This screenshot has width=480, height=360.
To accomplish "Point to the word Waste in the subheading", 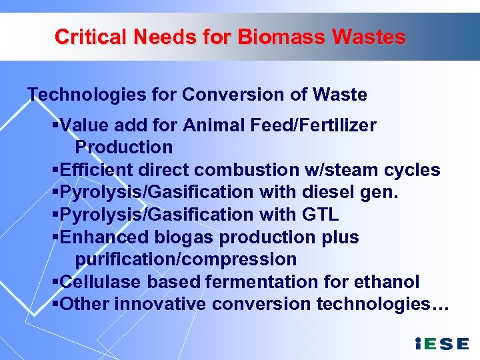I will (x=339, y=95).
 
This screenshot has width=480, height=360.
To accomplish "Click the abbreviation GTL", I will (x=319, y=215).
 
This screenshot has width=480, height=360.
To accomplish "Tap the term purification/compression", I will (x=185, y=259).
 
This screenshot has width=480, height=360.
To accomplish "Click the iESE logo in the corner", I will (x=442, y=344).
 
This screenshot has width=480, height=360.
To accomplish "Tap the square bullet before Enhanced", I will (x=55, y=237).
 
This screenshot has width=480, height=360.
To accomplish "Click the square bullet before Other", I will (x=55, y=304).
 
